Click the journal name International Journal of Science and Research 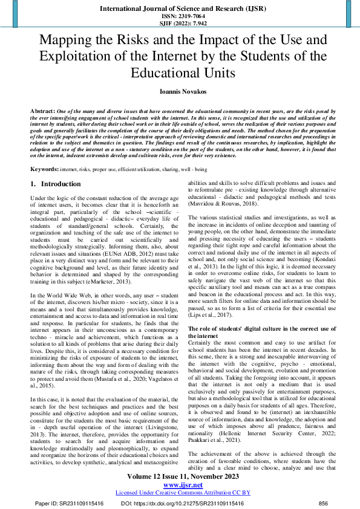click(179, 8)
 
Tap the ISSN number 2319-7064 click(180, 16)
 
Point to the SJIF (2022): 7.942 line click(180, 24)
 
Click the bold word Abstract click(42, 112)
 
